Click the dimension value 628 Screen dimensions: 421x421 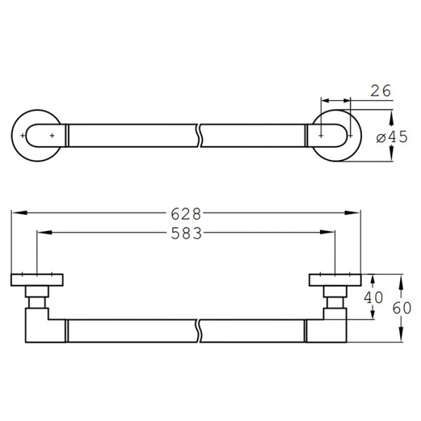(x=186, y=214)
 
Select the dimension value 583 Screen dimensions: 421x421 (x=187, y=234)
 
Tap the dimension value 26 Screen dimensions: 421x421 (x=380, y=91)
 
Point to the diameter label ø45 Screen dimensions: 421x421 (x=392, y=138)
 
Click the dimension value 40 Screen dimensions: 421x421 (x=373, y=298)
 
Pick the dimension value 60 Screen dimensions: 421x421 (x=402, y=308)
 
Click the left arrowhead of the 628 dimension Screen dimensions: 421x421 (x=20, y=213)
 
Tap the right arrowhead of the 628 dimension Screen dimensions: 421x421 (x=352, y=213)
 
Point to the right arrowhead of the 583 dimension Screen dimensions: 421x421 (x=327, y=232)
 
